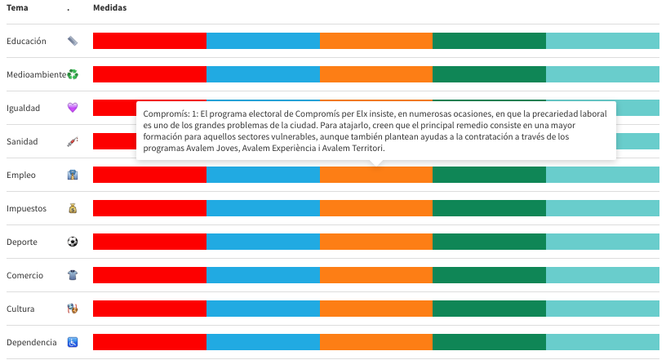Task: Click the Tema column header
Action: tap(17, 7)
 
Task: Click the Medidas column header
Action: tap(110, 7)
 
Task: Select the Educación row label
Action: tap(26, 41)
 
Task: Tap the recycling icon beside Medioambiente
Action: tap(73, 74)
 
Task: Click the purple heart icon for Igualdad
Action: tap(73, 108)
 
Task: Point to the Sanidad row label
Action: tap(22, 141)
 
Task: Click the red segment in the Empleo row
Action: tap(149, 175)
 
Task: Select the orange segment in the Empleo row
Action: tap(375, 175)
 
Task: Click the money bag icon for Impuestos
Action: tap(73, 208)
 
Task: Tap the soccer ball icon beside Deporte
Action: tap(73, 242)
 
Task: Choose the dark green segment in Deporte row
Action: tap(489, 242)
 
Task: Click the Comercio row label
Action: tap(24, 275)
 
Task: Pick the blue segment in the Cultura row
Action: tap(263, 309)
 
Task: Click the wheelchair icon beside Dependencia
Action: tap(73, 342)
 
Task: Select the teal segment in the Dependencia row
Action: tap(602, 342)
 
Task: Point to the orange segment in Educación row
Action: tap(375, 41)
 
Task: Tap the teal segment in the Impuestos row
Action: tap(602, 208)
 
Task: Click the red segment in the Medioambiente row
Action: tap(149, 74)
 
